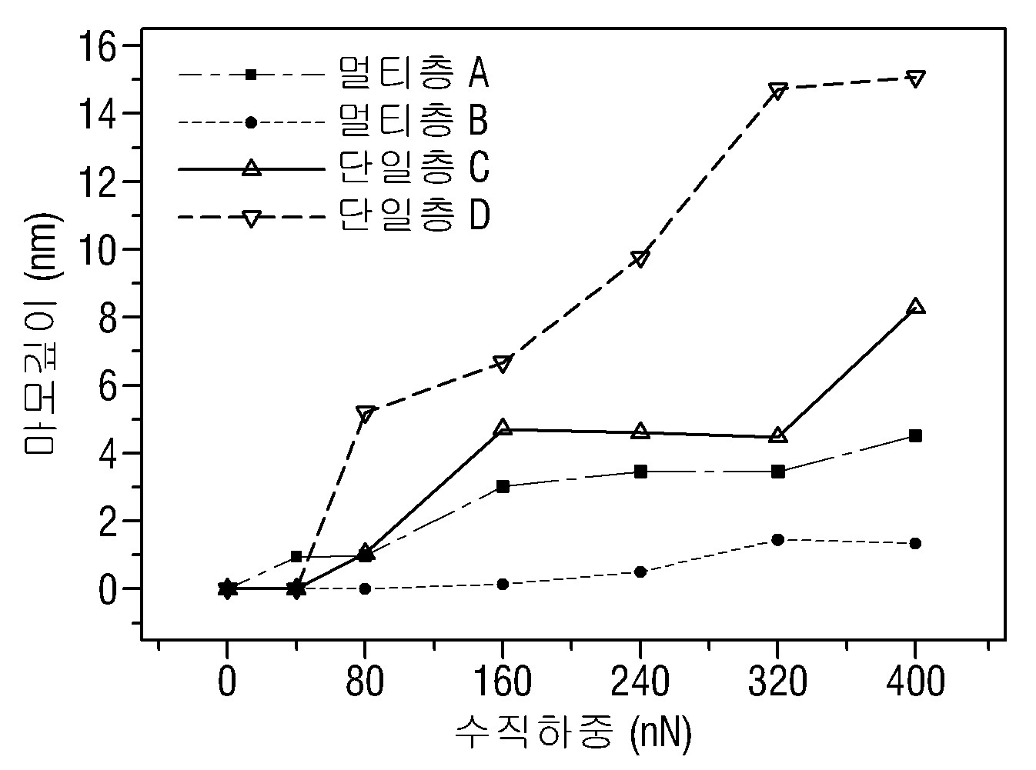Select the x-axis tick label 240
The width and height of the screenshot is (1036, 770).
pyautogui.click(x=640, y=682)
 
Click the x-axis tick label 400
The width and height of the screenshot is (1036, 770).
pyautogui.click(x=915, y=682)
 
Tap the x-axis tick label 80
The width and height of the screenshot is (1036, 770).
pyautogui.click(x=365, y=682)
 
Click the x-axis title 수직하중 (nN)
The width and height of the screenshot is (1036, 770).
pyautogui.click(x=573, y=732)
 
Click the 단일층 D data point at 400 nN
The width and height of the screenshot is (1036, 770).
pyautogui.click(x=915, y=78)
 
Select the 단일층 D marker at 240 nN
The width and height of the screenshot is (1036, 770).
pyautogui.click(x=640, y=258)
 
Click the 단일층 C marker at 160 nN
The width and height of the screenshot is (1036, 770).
pyautogui.click(x=503, y=427)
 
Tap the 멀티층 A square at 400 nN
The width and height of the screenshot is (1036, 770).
pyautogui.click(x=915, y=436)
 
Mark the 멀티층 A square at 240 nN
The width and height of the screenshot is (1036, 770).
pyautogui.click(x=640, y=472)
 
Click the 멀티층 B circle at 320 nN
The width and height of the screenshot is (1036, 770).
pyautogui.click(x=777, y=540)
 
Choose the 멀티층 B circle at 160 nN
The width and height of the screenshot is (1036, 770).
pyautogui.click(x=503, y=584)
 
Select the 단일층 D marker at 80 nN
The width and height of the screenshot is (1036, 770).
pyautogui.click(x=365, y=414)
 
